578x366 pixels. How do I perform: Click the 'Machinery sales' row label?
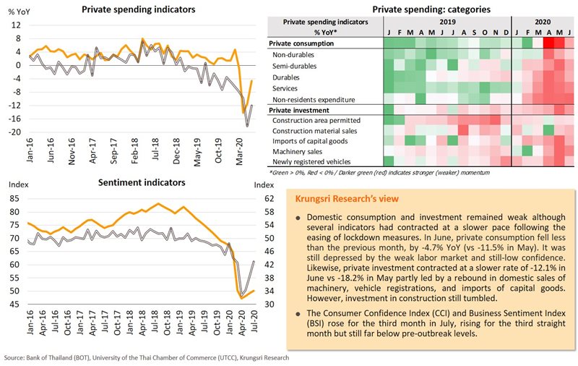click(x=297, y=153)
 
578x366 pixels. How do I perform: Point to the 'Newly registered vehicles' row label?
click(x=311, y=163)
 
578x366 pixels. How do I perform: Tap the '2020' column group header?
click(x=542, y=22)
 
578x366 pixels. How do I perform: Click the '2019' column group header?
click(x=447, y=22)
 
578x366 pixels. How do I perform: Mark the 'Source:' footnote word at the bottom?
click(x=17, y=359)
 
